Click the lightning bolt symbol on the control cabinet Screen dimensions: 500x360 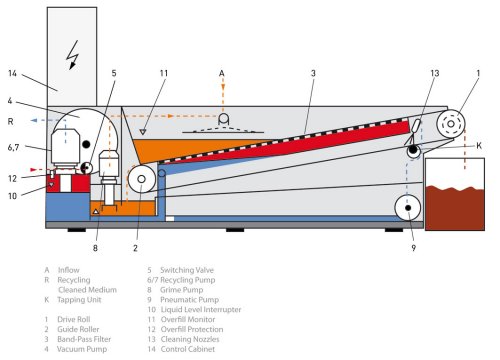click(x=72, y=55)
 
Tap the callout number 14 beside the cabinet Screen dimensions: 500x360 click(x=12, y=73)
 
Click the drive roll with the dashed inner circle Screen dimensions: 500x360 click(x=451, y=124)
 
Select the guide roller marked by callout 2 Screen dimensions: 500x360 click(x=142, y=179)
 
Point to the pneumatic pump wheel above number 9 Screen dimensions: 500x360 click(x=408, y=208)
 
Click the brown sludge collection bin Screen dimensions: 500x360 click(x=455, y=194)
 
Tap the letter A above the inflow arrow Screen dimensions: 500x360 click(x=222, y=73)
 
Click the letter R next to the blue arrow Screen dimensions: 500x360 click(x=11, y=121)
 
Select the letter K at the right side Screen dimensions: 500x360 click(x=479, y=146)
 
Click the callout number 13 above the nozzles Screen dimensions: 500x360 click(x=435, y=73)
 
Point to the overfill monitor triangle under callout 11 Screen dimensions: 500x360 click(x=143, y=132)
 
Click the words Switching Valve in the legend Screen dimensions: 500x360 click(x=187, y=270)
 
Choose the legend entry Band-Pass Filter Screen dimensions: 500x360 click(x=84, y=339)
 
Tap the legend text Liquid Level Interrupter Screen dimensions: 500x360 click(x=201, y=310)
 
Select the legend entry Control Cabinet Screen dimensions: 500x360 click(x=188, y=349)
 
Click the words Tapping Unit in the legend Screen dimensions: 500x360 click(x=79, y=300)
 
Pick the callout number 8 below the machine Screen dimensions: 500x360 click(x=95, y=248)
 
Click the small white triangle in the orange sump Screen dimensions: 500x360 click(x=96, y=211)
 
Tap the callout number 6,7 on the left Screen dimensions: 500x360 click(x=14, y=147)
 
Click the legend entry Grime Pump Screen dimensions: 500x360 click(x=182, y=290)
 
